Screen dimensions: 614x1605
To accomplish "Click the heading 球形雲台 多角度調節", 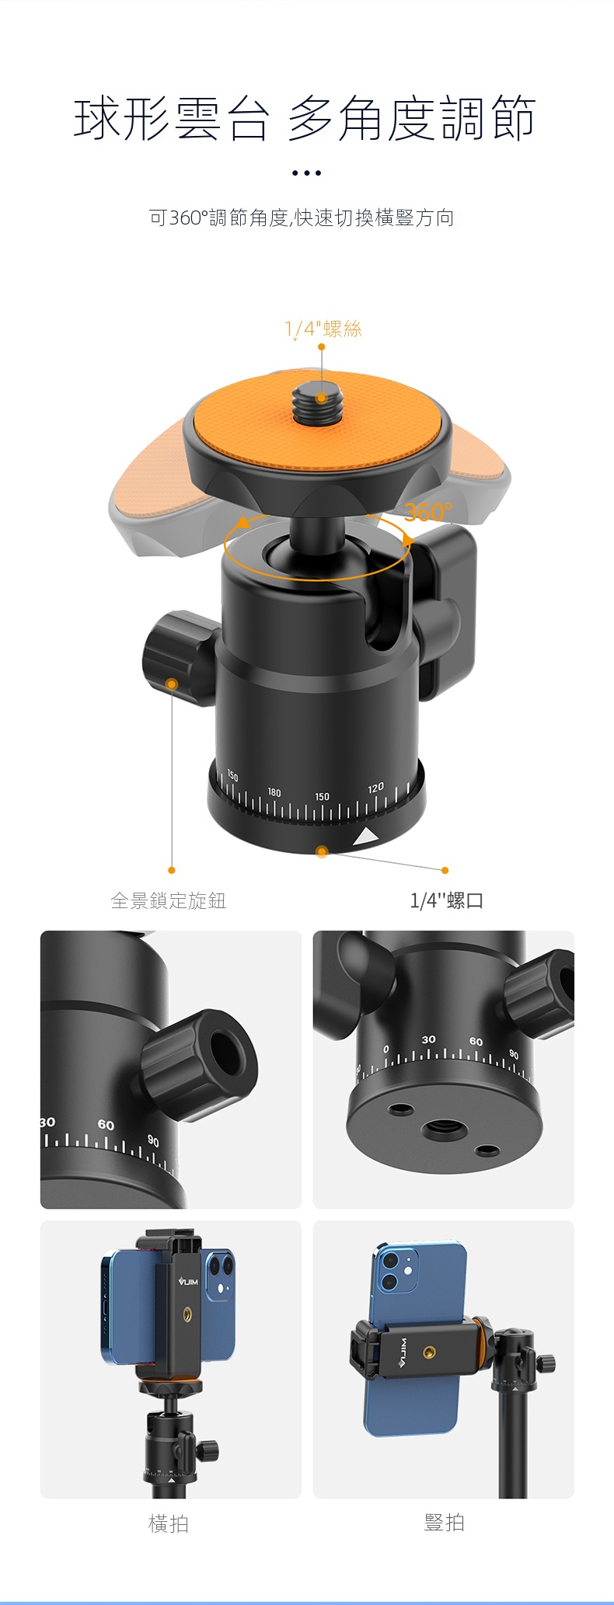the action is click(x=305, y=119).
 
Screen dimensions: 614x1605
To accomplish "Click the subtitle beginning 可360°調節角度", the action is click(x=302, y=218).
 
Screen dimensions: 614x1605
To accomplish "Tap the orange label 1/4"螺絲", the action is click(x=323, y=329).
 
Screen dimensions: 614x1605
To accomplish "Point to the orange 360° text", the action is click(x=427, y=511).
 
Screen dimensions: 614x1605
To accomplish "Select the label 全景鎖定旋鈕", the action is click(x=169, y=900).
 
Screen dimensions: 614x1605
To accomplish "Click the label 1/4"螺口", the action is click(x=447, y=900).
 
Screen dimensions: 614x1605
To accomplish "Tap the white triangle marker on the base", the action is click(x=365, y=837).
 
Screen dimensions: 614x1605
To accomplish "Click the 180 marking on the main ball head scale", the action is click(x=274, y=792).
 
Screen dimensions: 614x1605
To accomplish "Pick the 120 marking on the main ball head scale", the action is click(x=375, y=788).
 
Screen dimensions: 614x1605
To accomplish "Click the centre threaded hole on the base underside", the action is click(x=444, y=1129).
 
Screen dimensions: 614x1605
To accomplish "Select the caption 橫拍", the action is click(x=169, y=1523).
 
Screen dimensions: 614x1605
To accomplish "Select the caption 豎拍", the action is click(x=445, y=1523).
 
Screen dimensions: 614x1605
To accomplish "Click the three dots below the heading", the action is click(x=306, y=173).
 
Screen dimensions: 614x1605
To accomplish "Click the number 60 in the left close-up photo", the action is click(x=106, y=1125).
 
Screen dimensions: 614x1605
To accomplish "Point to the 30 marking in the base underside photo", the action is click(x=429, y=1039).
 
